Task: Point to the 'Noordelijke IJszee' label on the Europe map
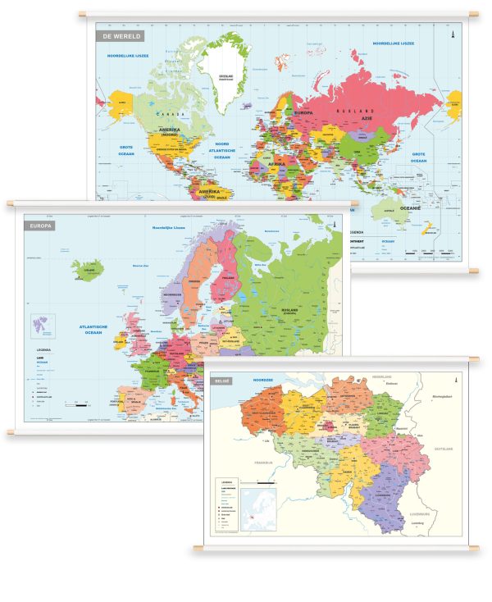167,228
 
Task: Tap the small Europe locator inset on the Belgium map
260,507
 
